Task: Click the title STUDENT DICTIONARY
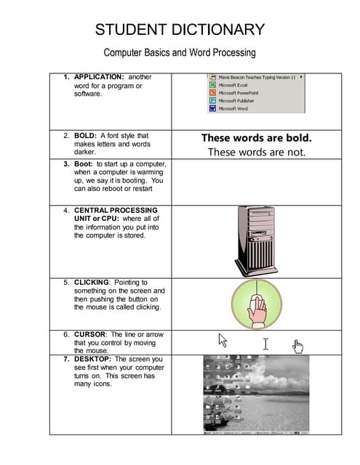180,30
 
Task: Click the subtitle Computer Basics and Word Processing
180,53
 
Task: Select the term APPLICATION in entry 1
99,76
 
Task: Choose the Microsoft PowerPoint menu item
239,93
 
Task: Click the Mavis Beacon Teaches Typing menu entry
255,77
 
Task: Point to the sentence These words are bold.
256,137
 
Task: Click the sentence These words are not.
256,152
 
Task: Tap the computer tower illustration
256,239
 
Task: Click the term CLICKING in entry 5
92,282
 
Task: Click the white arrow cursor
223,339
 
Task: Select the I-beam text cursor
265,342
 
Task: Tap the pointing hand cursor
297,346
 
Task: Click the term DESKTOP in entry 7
93,359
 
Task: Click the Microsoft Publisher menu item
236,101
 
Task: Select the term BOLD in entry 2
85,135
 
